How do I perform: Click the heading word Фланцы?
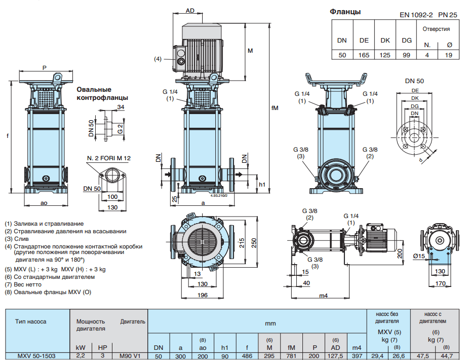[345, 12]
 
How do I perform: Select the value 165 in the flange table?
[364, 55]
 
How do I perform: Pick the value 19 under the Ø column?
[448, 55]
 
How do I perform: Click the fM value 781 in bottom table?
[291, 356]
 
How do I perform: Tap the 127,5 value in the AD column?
[335, 356]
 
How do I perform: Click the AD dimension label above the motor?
[190, 10]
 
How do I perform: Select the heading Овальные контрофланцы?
[102, 93]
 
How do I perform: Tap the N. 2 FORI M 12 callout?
[108, 158]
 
